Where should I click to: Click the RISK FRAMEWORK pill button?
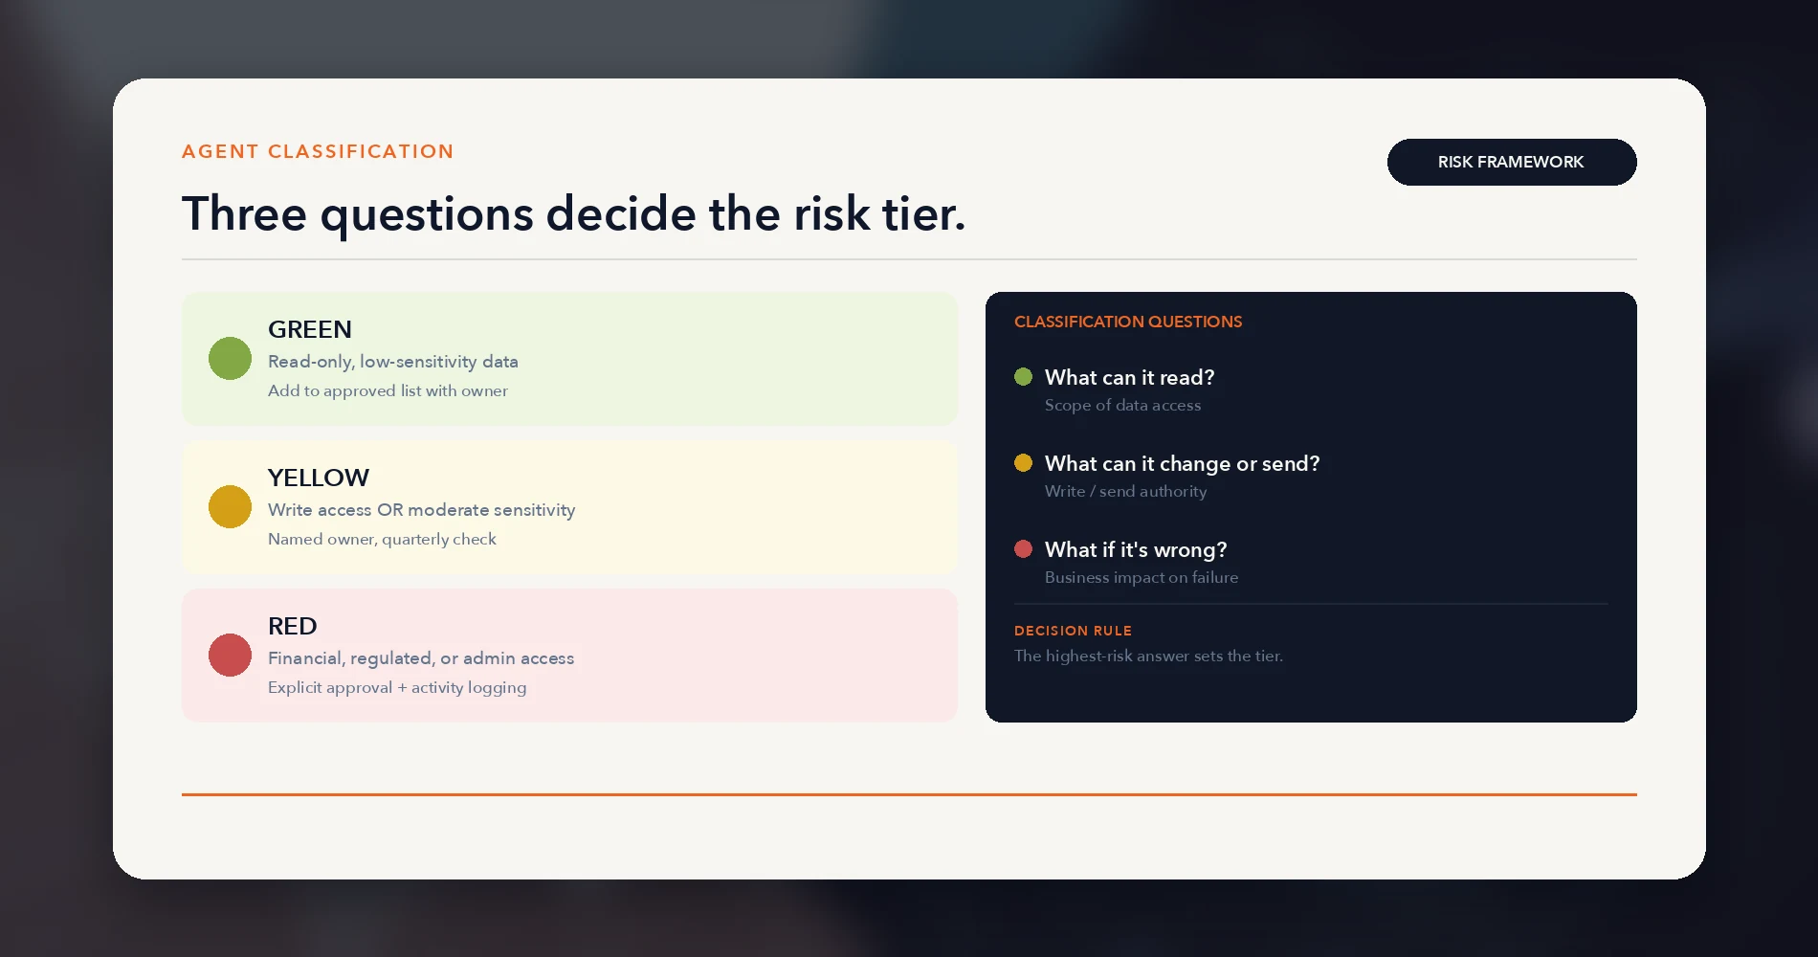[1512, 162]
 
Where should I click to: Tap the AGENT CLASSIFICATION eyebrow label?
[318, 151]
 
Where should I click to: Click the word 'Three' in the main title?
[244, 212]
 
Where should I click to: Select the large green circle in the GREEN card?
[230, 359]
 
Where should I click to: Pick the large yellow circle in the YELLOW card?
[230, 507]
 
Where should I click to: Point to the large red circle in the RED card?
[230, 656]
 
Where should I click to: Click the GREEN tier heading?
[310, 329]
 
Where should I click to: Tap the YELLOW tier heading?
[319, 478]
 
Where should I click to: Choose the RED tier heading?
[292, 626]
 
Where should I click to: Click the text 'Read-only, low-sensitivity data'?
[393, 362]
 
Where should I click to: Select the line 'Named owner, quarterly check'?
[382, 539]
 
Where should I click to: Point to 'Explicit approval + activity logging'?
[397, 687]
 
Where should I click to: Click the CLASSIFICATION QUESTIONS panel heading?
[1128, 322]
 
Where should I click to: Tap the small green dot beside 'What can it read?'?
[1024, 376]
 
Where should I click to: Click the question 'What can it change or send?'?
[1183, 463]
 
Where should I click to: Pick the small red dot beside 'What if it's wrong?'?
[1024, 548]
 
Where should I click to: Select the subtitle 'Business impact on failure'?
[1142, 577]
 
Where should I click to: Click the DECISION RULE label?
[1073, 631]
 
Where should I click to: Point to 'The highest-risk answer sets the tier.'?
[1148, 656]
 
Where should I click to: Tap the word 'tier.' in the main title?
[923, 212]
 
